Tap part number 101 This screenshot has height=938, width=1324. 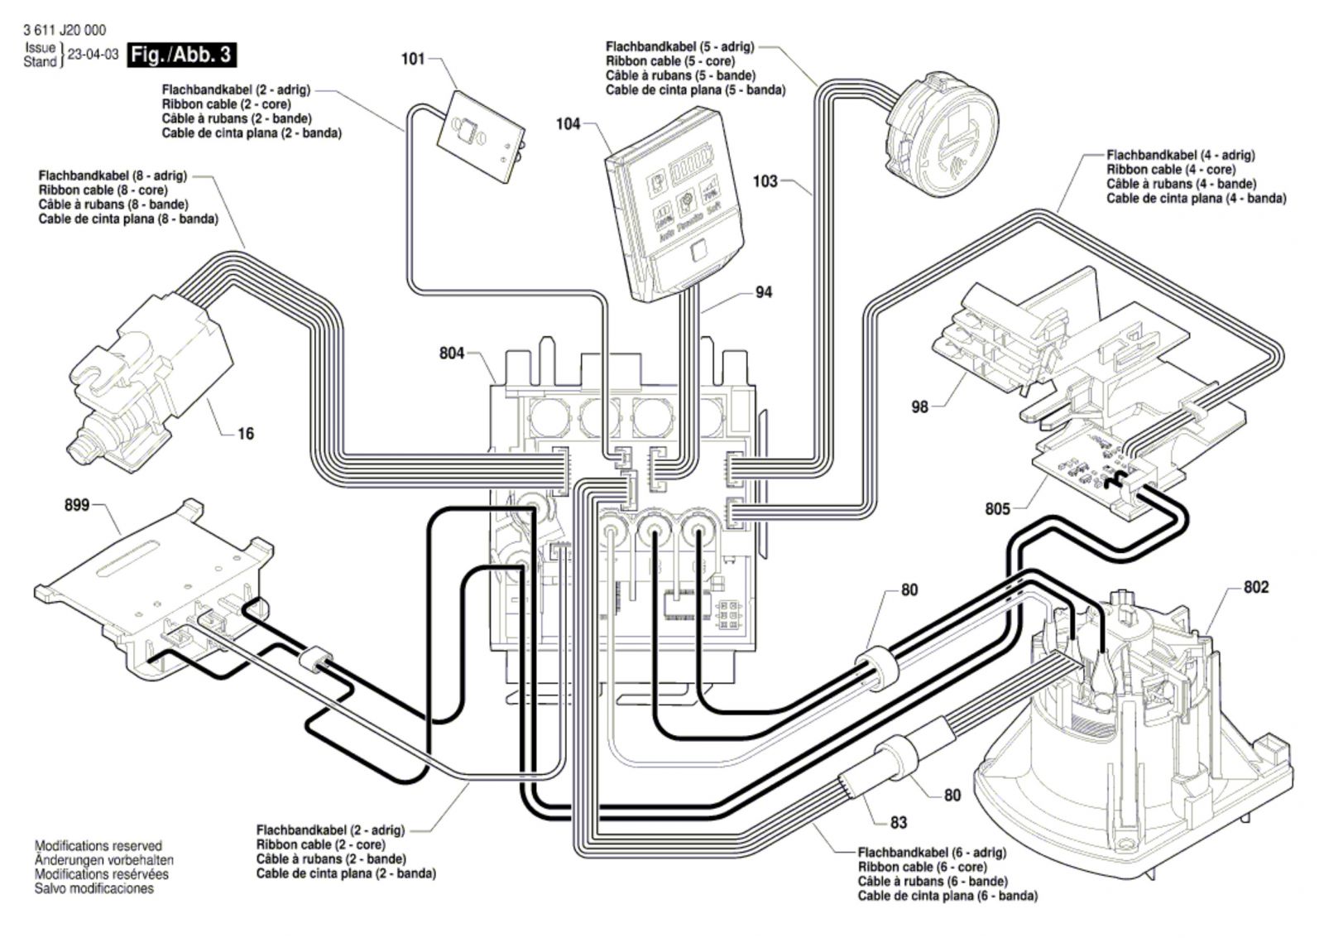click(x=413, y=59)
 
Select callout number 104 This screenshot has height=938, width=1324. click(x=568, y=124)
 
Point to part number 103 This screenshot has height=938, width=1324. click(x=765, y=180)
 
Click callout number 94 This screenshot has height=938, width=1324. click(x=763, y=292)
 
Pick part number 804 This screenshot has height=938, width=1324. click(x=452, y=354)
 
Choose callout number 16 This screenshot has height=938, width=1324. click(x=246, y=433)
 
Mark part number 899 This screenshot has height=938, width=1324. click(x=77, y=504)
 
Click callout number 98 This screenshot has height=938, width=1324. click(x=919, y=406)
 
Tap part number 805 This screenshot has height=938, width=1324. click(x=997, y=508)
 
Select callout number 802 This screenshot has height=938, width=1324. click(x=1255, y=587)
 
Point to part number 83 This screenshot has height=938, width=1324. click(x=899, y=822)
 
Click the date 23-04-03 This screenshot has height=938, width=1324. click(x=93, y=55)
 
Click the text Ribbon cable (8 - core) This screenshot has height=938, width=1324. click(x=103, y=190)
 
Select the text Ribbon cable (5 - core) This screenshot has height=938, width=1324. click(x=668, y=61)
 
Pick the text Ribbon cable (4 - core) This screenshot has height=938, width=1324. click(x=1170, y=170)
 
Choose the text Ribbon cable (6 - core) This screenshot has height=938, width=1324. click(x=922, y=867)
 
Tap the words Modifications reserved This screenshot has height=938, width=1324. click(x=98, y=846)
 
